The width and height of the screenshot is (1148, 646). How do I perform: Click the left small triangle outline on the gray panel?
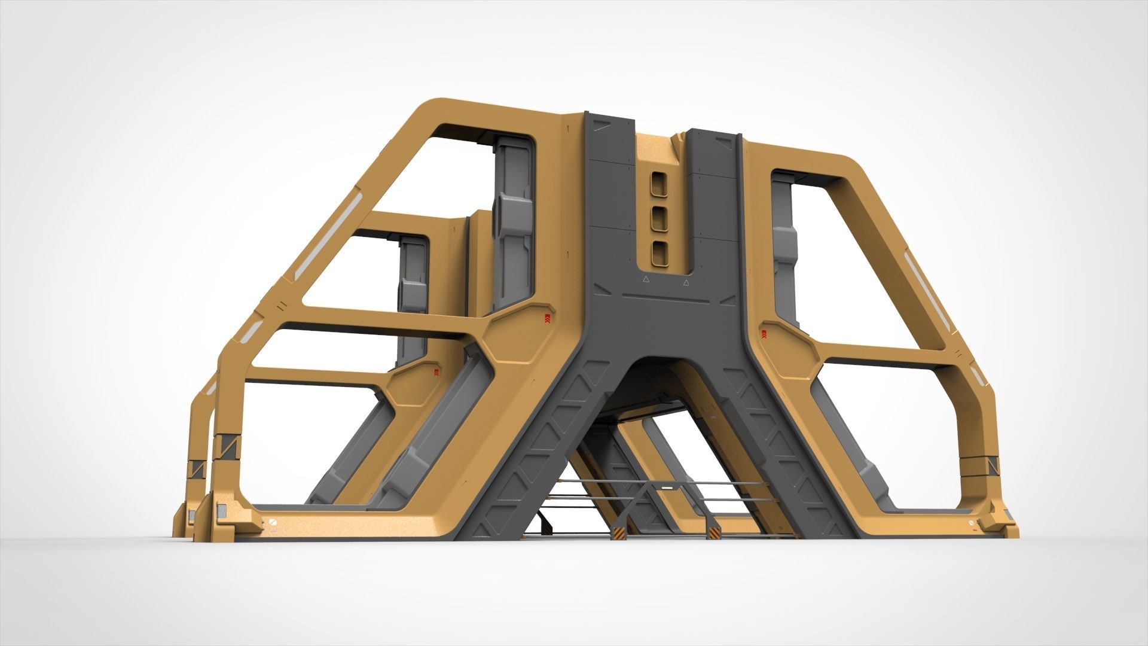pyautogui.click(x=645, y=279)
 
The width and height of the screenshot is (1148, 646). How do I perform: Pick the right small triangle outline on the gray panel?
pyautogui.click(x=686, y=281)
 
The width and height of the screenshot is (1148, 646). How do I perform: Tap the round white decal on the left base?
pyautogui.click(x=273, y=522)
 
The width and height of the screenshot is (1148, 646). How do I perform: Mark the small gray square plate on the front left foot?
pyautogui.click(x=221, y=509)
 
